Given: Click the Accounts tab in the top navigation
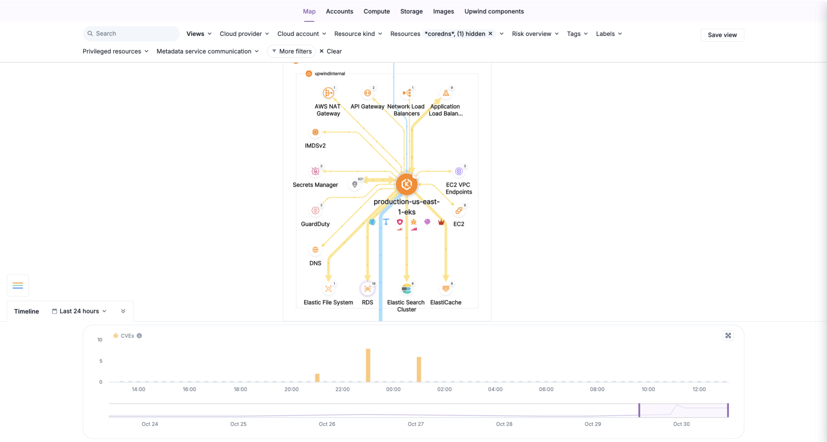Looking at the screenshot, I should (x=339, y=11).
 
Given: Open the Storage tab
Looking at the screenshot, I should (x=411, y=11).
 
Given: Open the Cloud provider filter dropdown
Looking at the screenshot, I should (x=244, y=34).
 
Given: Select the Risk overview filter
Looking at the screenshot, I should (x=535, y=34).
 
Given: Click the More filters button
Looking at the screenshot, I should (x=292, y=51).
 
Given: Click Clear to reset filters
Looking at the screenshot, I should (x=330, y=51).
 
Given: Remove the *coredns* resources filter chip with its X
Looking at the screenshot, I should (x=490, y=34).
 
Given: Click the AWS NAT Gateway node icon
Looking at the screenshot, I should (x=328, y=93).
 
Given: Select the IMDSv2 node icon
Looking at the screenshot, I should (x=315, y=132).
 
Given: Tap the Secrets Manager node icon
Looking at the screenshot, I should (x=315, y=171).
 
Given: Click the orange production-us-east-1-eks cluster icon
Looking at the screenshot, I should (x=407, y=184).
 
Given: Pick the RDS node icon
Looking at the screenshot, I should (x=367, y=289).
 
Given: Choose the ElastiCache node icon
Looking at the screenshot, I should (x=446, y=289).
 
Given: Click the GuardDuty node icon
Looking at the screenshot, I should (x=315, y=210).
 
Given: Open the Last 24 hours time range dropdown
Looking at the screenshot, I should (x=79, y=311).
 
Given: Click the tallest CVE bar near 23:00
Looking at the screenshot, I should (x=368, y=365).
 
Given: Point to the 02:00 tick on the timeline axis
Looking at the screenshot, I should (x=444, y=389).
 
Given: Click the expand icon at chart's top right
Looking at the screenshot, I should (x=728, y=336).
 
